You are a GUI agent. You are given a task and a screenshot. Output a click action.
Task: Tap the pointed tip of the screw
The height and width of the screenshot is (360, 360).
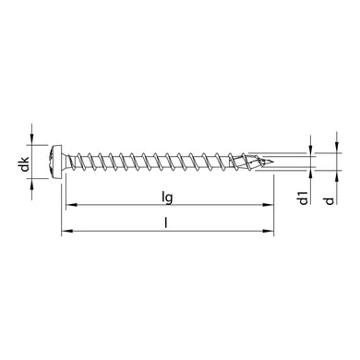(275, 163)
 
